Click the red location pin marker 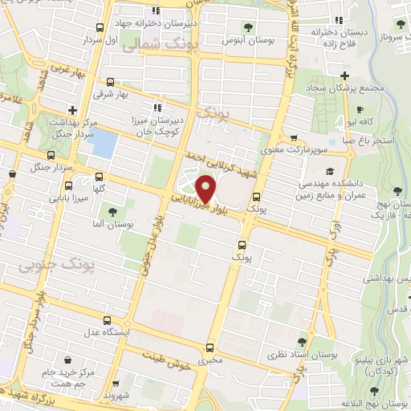coord(206,189)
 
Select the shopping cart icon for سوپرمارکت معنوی coord(295,137)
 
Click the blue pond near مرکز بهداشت coord(105,144)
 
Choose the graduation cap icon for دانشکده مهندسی coord(329,171)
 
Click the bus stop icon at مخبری coord(210,348)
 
